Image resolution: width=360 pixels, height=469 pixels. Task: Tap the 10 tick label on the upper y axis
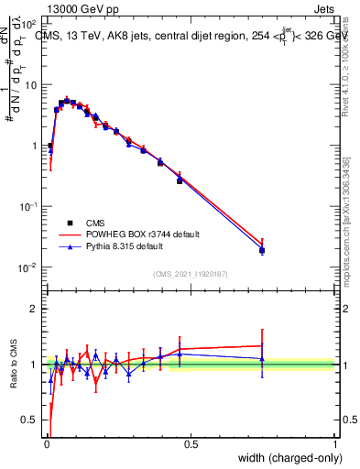[x=32, y=85]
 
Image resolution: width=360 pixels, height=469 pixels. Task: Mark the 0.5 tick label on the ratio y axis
[x=33, y=422]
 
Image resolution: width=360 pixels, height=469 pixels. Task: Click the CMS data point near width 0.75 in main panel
[x=262, y=250]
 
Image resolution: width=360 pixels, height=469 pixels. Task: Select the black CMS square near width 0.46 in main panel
[x=180, y=180]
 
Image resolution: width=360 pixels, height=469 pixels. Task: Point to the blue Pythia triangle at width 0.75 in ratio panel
[x=262, y=359]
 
